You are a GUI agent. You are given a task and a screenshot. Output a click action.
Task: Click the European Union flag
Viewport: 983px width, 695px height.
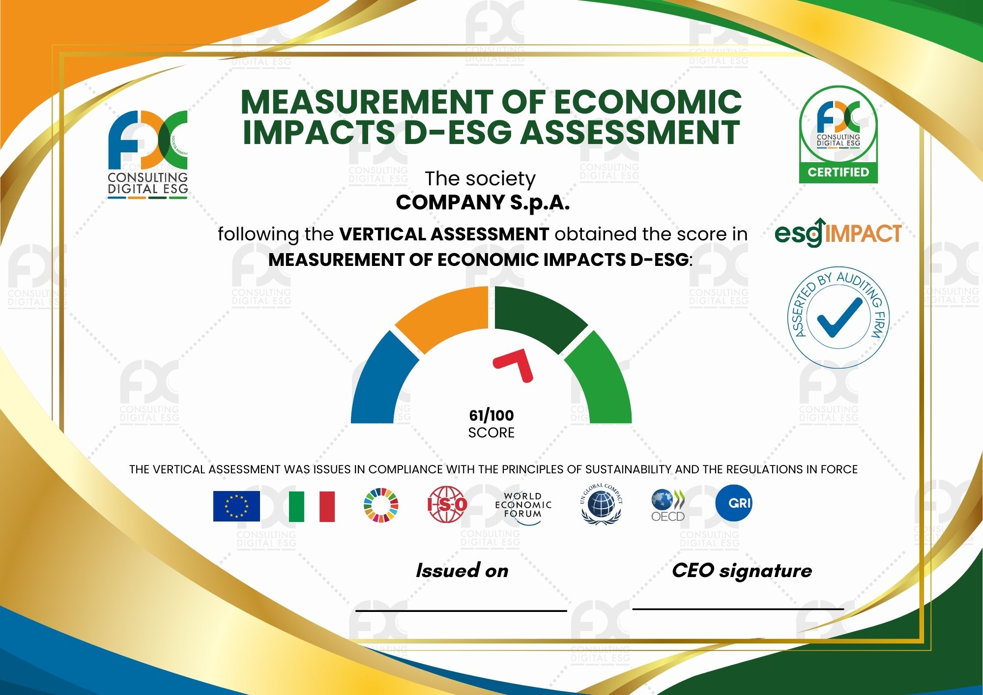click(236, 506)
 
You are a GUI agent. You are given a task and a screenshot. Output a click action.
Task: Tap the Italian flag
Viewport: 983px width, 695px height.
click(312, 506)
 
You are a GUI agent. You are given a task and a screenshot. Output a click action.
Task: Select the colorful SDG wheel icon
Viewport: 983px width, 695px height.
click(381, 505)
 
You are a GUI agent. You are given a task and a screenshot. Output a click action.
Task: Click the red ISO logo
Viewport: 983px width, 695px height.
click(447, 504)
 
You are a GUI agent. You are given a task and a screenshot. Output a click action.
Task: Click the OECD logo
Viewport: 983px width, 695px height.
click(668, 505)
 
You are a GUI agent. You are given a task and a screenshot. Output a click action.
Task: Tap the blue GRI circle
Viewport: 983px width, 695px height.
click(734, 503)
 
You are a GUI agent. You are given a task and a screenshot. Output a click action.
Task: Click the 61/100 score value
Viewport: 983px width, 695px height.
click(491, 416)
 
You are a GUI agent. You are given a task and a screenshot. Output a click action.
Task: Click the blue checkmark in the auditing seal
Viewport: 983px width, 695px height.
click(839, 318)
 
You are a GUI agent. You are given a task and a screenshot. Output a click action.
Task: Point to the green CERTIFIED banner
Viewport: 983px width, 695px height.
click(838, 173)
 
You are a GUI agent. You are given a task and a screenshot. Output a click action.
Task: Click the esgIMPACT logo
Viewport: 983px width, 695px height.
click(838, 232)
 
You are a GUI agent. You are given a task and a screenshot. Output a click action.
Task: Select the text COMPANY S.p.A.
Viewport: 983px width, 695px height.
click(483, 203)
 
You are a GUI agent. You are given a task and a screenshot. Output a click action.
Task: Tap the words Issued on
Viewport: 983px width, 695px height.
click(462, 571)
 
